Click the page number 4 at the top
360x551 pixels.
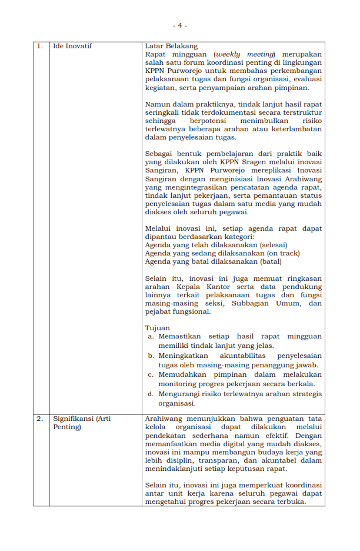point(179,25)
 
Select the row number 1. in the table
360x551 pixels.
point(39,46)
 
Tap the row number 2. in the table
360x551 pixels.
point(39,419)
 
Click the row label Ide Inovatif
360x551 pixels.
point(72,46)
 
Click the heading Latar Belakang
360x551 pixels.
point(171,46)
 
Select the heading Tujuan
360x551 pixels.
point(157,328)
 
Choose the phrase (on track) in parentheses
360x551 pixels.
point(280,253)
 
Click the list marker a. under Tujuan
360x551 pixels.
point(151,337)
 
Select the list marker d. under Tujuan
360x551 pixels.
point(151,394)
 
